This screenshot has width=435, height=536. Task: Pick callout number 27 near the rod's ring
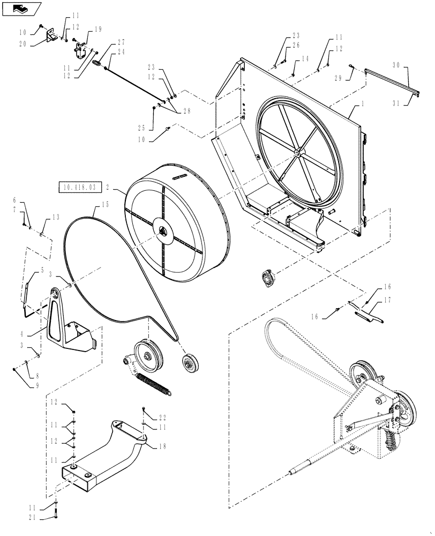pos(122,42)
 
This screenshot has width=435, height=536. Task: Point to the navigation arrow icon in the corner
pos(21,8)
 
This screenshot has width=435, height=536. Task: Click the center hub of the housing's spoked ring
pos(296,154)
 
